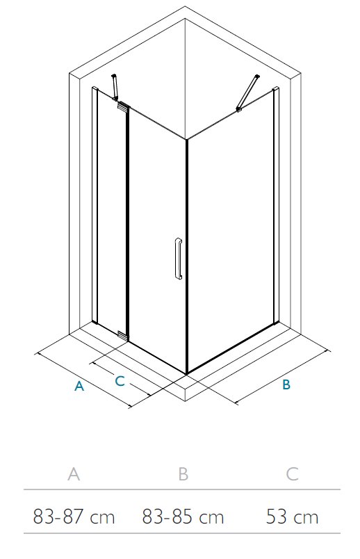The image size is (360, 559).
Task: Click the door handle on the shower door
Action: pos(178,259)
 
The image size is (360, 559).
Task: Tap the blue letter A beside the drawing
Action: pos(79,386)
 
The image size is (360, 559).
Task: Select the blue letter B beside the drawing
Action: pos(286,384)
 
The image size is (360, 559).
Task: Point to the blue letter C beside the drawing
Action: pos(120,381)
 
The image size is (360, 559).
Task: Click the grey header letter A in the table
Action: pos(74,473)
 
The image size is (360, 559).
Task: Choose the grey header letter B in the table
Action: pos(183,473)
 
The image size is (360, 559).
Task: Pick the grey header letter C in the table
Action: pos(292,473)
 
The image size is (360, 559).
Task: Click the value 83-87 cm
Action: pos(74,517)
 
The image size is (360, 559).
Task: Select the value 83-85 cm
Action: pos(183,517)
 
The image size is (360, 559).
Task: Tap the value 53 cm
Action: pos(292,517)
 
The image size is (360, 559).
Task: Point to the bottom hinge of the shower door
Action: pos(122,334)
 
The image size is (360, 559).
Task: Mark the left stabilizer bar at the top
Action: pos(115,87)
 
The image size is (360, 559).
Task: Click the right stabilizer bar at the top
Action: pos(247,92)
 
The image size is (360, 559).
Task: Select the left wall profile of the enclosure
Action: pos(95,205)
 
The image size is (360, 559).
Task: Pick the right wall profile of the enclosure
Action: pos(276,205)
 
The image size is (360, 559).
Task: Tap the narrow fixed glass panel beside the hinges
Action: pos(112,214)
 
